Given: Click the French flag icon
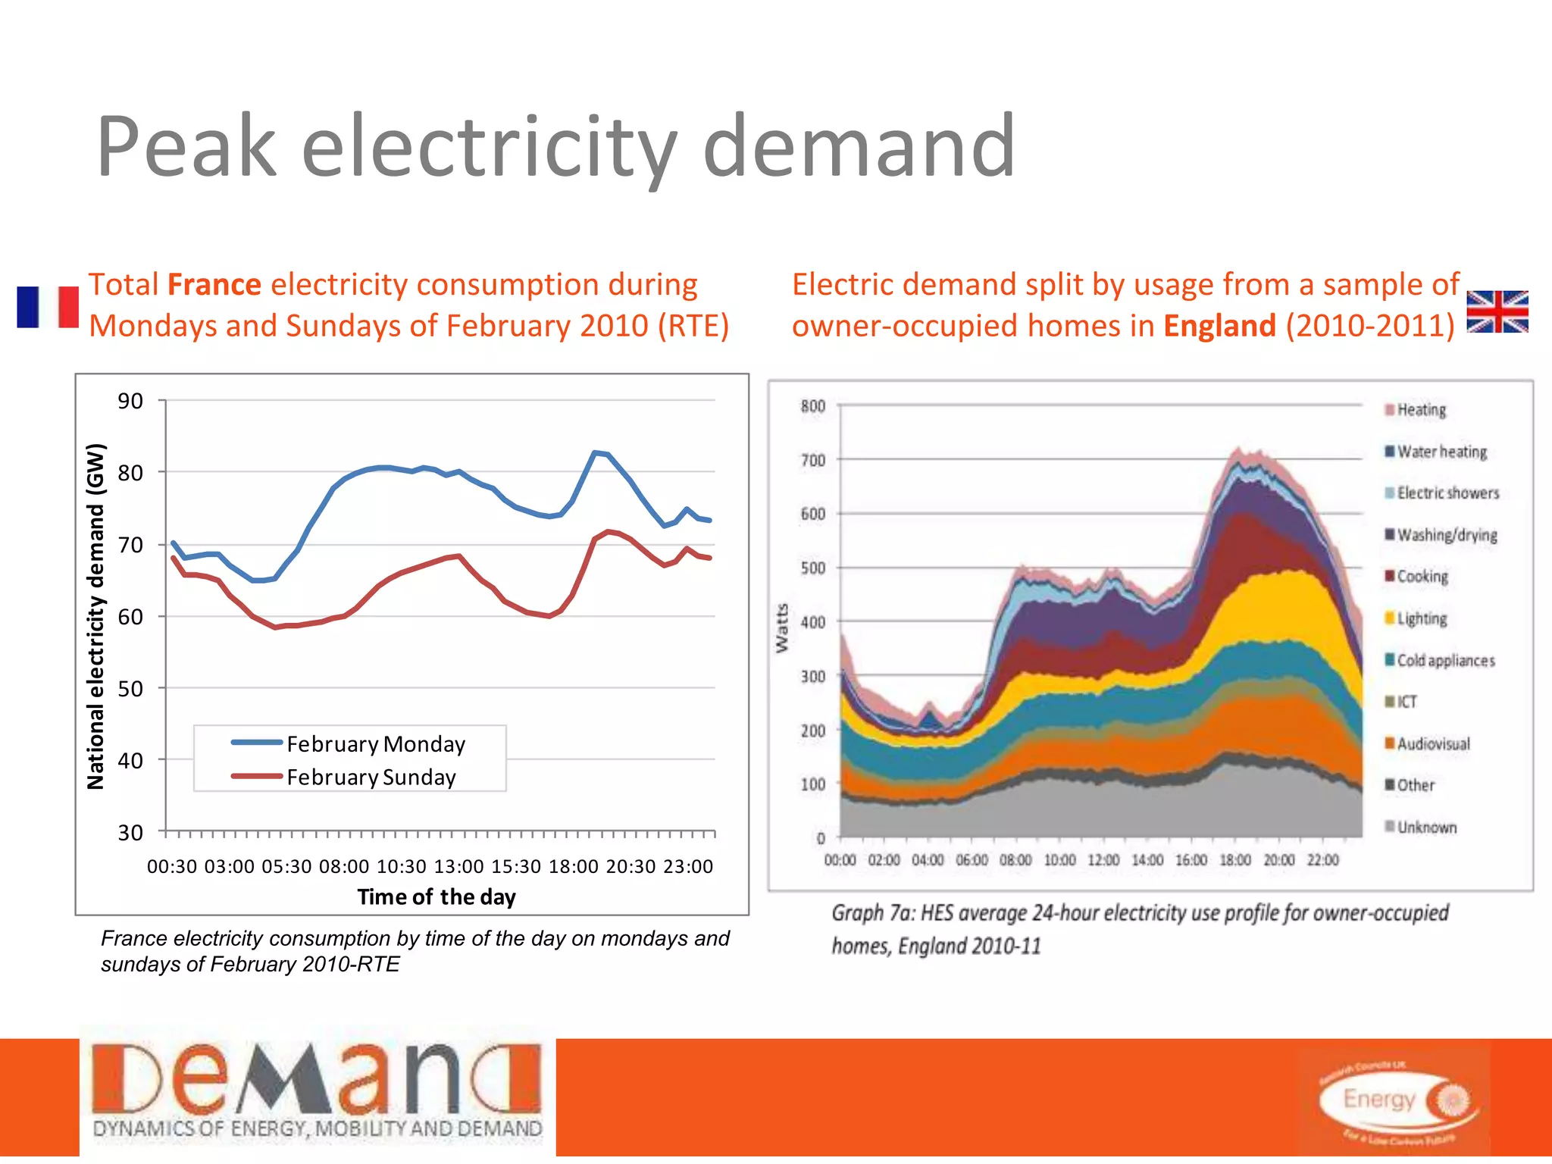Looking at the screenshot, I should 48,307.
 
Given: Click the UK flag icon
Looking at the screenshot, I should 1497,311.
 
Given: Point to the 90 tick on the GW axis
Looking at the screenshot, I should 130,401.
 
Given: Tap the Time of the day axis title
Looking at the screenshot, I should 436,897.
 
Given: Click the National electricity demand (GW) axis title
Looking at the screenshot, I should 95,616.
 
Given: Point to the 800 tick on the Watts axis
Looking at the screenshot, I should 812,406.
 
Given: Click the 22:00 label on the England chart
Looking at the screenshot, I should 1322,861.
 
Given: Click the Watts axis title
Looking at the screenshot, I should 782,628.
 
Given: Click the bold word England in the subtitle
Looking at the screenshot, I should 1219,326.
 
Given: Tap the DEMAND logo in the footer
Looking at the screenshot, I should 317,1092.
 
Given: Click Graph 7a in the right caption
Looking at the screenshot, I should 871,913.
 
